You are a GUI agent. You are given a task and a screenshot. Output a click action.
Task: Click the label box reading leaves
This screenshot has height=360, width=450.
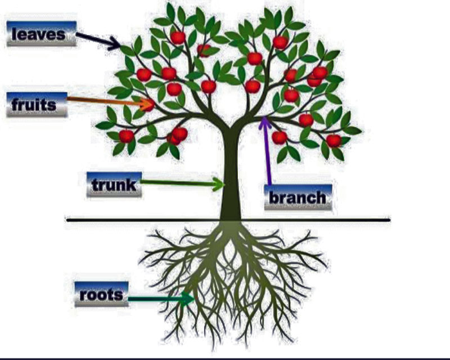pos(41,34)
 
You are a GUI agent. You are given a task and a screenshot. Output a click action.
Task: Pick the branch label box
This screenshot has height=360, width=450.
pos(298,197)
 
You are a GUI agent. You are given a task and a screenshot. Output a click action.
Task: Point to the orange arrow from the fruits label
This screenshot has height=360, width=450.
pos(107,101)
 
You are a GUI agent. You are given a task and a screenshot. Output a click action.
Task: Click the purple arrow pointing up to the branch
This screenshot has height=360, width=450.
pos(266,152)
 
